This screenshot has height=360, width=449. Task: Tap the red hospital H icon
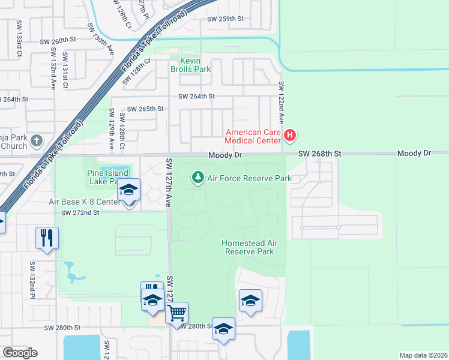click(x=290, y=136)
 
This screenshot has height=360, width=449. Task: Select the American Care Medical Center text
click(x=253, y=136)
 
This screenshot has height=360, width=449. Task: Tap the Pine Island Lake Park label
click(x=104, y=177)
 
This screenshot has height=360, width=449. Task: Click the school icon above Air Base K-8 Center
click(x=128, y=190)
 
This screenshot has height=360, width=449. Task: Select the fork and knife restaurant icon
click(x=46, y=237)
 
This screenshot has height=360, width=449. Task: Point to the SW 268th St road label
click(x=320, y=154)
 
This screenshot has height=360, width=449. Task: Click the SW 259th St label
click(x=225, y=19)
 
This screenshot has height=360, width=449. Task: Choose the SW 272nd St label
click(x=79, y=212)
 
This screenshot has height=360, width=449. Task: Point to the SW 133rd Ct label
click(x=19, y=46)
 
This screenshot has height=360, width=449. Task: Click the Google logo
click(x=20, y=353)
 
